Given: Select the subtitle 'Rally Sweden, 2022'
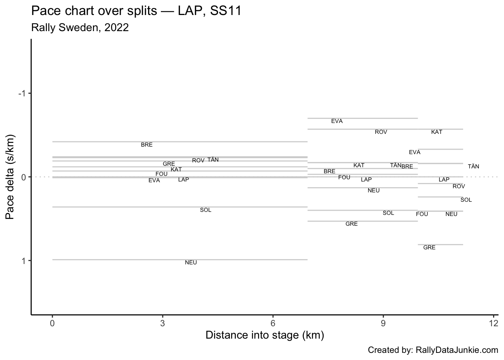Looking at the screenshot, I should point(80,27).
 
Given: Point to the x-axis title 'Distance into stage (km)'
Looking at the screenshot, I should point(265,335).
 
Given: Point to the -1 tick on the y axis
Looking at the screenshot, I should point(22,93).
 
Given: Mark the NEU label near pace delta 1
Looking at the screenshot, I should point(191,262).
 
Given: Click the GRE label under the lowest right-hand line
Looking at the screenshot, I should point(429,247).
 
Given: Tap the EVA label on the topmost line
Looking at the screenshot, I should point(337,121).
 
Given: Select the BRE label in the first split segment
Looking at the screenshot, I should point(147,145).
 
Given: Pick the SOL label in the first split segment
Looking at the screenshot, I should point(205,210).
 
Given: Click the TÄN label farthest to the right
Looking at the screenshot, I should point(473,166).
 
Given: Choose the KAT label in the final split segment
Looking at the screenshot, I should point(436,132).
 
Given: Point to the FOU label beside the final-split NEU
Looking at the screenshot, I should point(422,214).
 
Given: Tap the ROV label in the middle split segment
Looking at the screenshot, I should point(381,132).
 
